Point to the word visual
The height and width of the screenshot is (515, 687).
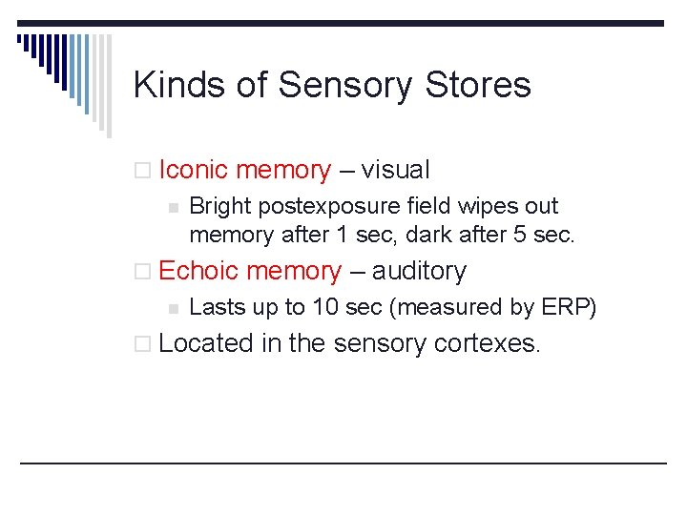click(396, 171)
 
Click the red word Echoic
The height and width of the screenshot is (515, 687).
click(198, 271)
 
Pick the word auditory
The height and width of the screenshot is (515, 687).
click(419, 272)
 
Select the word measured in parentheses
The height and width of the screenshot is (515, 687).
click(447, 307)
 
